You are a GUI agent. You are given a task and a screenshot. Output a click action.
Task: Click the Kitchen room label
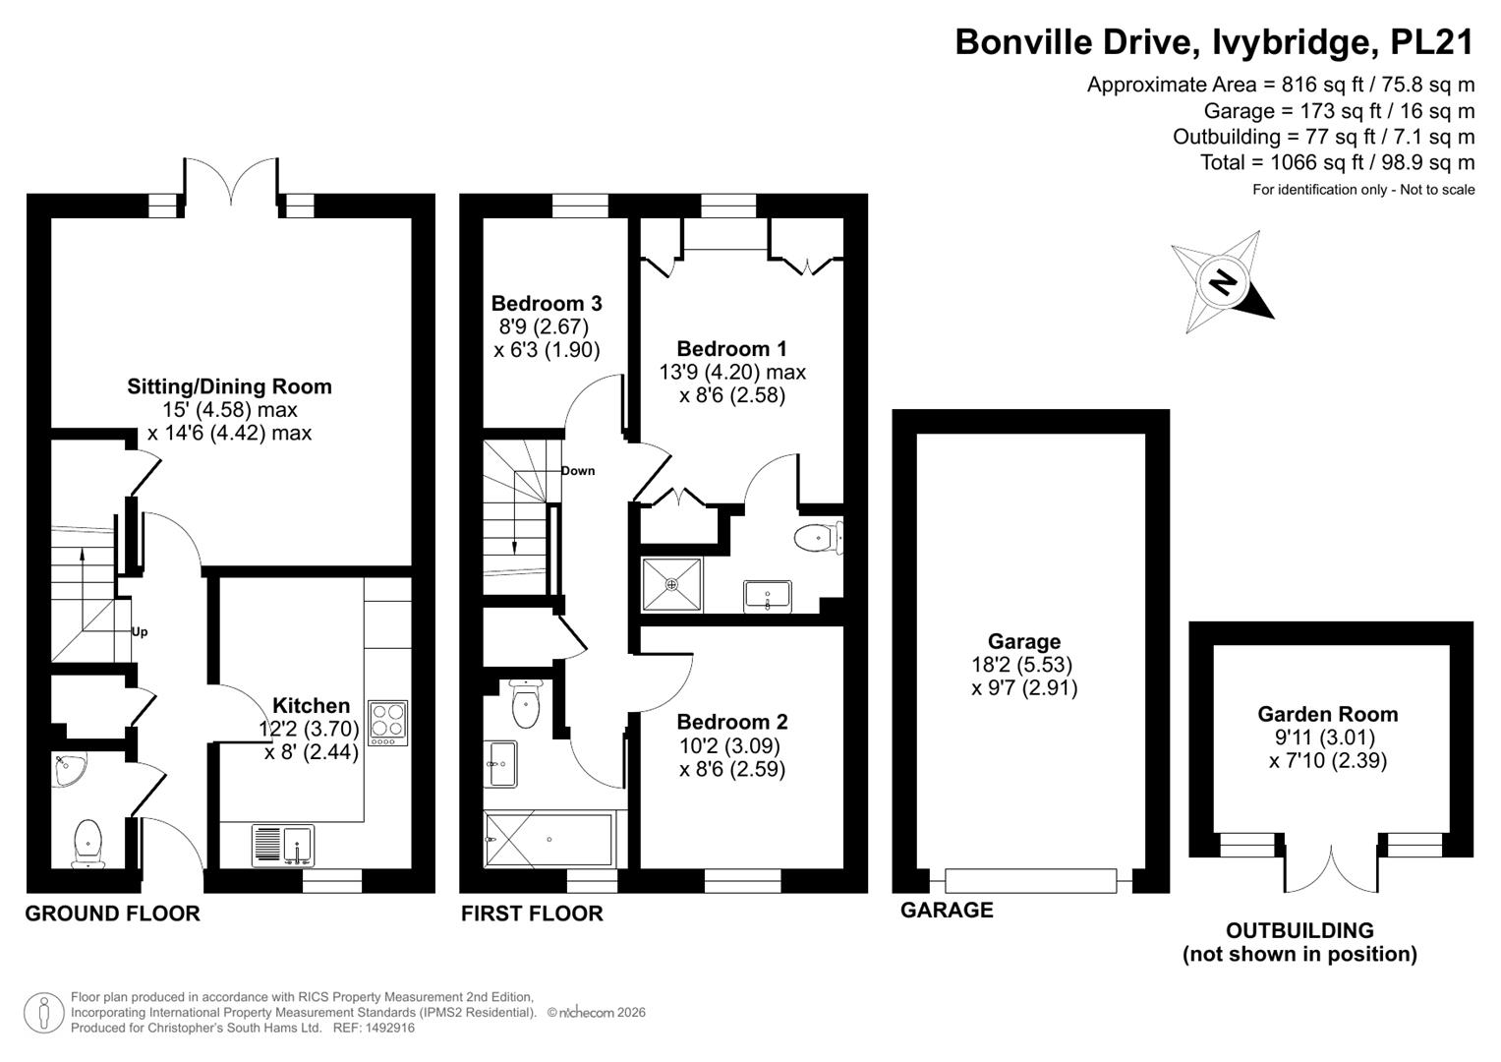[311, 705]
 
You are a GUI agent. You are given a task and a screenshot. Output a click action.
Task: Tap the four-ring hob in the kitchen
[388, 724]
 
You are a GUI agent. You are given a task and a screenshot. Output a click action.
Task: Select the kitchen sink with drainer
[283, 846]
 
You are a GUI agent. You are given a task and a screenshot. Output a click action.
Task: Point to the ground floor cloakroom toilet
[88, 843]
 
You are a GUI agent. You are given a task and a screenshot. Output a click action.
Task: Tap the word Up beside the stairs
[140, 631]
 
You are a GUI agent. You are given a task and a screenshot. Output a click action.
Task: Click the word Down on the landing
[578, 471]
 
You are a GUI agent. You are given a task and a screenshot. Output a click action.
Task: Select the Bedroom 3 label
[547, 303]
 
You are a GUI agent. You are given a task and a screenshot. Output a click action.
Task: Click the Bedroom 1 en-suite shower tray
[672, 584]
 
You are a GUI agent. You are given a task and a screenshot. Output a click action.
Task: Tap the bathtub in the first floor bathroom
[548, 840]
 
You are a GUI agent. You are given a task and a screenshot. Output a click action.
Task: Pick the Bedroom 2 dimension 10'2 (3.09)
[728, 745]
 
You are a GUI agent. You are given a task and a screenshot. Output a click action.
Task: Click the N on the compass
[1224, 282]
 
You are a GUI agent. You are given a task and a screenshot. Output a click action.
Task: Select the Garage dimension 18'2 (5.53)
[1022, 665]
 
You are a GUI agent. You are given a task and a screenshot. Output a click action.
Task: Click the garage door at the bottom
[1031, 880]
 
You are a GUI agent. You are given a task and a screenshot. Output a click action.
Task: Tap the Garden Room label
[1327, 714]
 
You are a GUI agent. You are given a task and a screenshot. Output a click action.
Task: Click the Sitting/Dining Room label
[229, 386]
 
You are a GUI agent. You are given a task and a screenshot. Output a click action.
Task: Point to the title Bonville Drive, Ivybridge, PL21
[1214, 41]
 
